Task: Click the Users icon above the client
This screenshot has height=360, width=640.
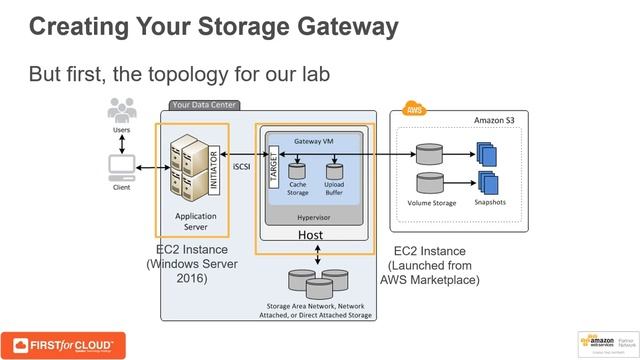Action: click(x=121, y=109)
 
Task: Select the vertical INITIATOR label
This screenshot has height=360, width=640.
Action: click(x=212, y=164)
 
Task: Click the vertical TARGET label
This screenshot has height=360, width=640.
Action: click(x=272, y=164)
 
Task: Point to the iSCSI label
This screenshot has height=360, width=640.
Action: click(x=242, y=166)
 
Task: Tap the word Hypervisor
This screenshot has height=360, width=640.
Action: click(x=316, y=215)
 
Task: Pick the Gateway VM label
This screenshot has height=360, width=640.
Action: click(x=314, y=142)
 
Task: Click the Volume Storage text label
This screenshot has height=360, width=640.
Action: click(x=431, y=203)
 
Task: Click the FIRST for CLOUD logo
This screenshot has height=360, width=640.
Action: click(x=63, y=344)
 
